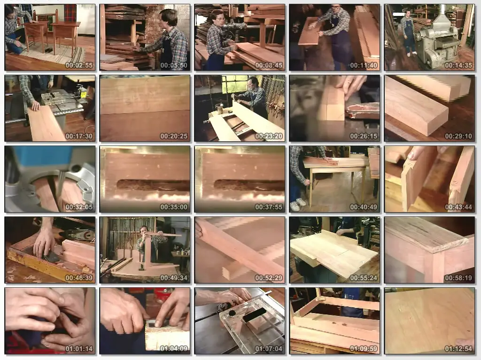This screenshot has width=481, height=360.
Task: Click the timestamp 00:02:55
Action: [79, 65]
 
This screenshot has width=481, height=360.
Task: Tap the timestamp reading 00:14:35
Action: [458, 65]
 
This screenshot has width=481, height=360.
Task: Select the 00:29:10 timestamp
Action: [458, 136]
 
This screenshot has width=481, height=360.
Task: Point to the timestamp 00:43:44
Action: [458, 207]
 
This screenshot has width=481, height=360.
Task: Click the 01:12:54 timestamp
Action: [458, 349]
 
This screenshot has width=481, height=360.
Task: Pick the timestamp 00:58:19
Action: [458, 278]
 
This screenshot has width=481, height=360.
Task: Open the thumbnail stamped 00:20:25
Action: [145, 108]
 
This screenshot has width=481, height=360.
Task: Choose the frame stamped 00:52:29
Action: [240, 250]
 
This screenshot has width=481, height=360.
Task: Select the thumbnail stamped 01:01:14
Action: [50, 321]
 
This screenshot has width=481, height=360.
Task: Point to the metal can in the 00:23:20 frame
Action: [219, 108]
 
